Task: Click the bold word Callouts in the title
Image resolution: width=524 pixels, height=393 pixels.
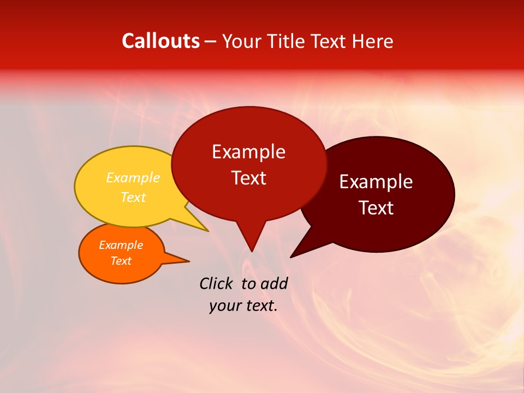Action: (x=160, y=41)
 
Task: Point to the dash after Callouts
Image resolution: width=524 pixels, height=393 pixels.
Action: (x=211, y=41)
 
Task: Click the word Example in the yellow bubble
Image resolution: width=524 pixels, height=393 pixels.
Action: (x=133, y=177)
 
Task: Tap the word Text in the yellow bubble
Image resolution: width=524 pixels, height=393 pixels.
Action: (x=133, y=197)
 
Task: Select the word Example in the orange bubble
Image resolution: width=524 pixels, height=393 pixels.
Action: (x=121, y=245)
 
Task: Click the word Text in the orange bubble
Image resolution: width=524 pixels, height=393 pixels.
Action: (x=121, y=261)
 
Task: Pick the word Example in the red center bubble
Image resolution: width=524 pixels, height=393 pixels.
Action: (x=248, y=151)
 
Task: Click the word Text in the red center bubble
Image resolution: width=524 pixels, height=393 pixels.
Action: (x=248, y=177)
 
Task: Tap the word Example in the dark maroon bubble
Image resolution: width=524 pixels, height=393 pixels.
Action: (x=376, y=181)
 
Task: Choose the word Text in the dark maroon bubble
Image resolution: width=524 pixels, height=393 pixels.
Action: (x=376, y=207)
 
